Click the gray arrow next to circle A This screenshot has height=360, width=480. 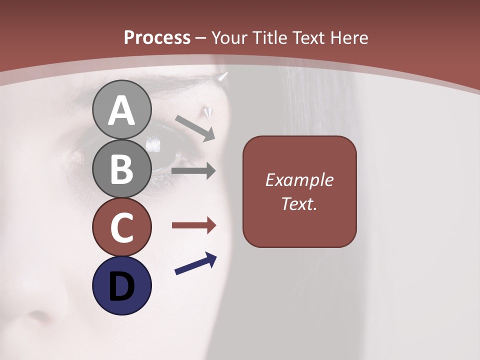pos(195,128)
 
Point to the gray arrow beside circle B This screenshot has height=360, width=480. pos(193,171)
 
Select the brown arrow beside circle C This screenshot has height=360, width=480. pos(193,225)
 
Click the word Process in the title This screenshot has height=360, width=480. pos(157,37)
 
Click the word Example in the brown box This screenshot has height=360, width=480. pos(299,180)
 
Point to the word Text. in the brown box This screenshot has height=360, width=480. pos(299,203)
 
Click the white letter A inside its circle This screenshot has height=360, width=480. pos(121,111)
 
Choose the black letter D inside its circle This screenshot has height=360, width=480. pos(121,286)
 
